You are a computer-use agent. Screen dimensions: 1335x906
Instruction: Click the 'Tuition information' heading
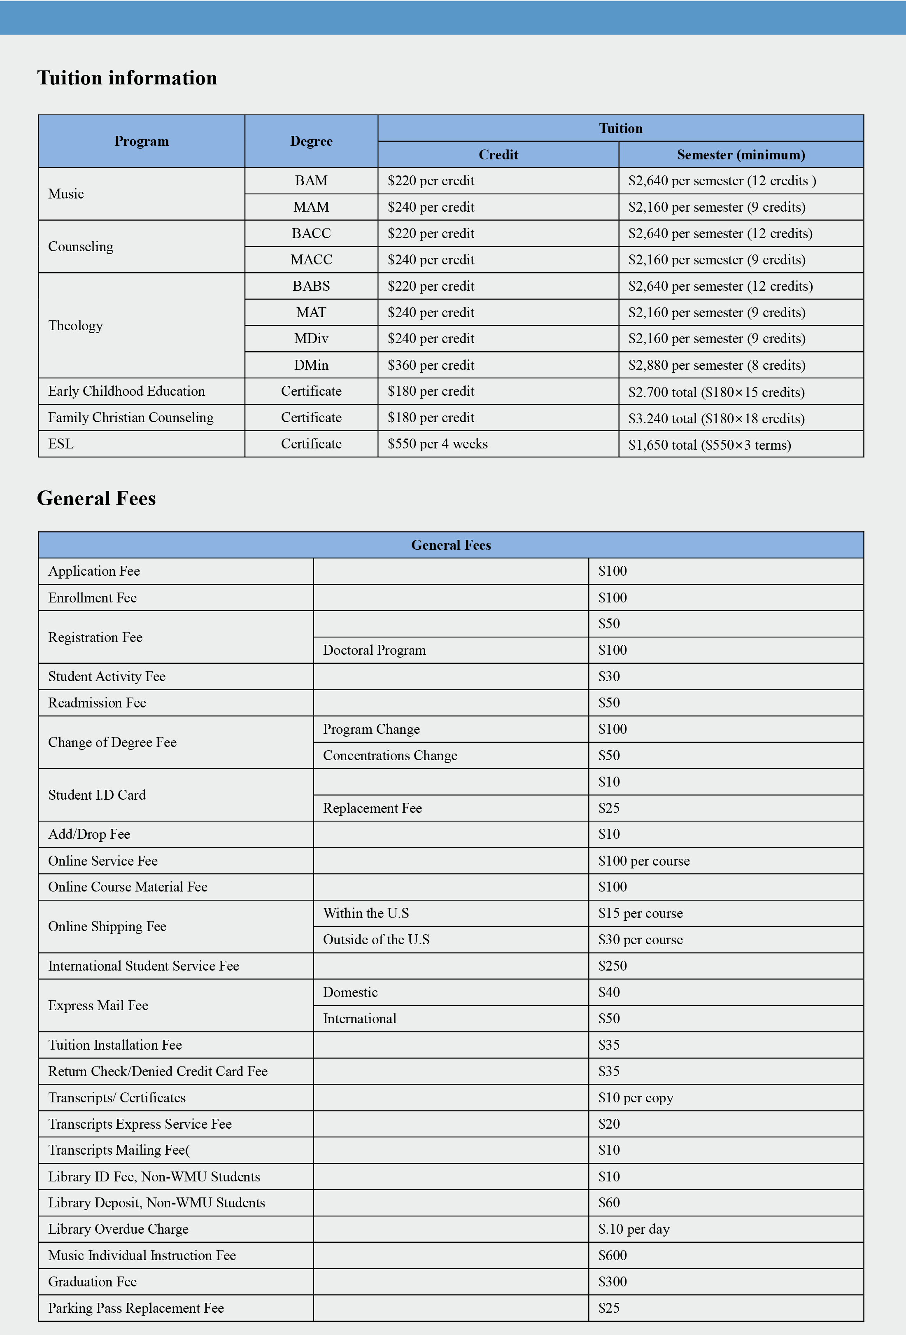click(x=127, y=77)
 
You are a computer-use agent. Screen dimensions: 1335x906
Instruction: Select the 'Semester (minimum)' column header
click(x=741, y=154)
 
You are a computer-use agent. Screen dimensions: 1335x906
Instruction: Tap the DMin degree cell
click(x=311, y=365)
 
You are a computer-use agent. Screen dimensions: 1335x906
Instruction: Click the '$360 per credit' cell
click(x=431, y=365)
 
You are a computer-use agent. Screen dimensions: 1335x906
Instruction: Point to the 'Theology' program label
click(x=75, y=326)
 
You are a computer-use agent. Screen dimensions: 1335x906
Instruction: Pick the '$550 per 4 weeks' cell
click(x=438, y=444)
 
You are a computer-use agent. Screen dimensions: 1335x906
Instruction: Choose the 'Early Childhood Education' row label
click(x=126, y=391)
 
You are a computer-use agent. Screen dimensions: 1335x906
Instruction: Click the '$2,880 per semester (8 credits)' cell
click(x=717, y=365)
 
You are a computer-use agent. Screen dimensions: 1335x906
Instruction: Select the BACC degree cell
click(x=311, y=233)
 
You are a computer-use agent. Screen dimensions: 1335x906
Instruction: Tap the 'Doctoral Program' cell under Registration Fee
click(x=374, y=650)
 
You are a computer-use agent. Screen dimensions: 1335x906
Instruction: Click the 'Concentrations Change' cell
click(x=390, y=755)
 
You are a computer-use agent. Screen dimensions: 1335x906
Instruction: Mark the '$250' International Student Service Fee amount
click(x=613, y=966)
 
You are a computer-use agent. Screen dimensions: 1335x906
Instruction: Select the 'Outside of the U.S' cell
click(x=376, y=940)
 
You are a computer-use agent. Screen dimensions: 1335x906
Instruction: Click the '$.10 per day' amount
click(x=634, y=1229)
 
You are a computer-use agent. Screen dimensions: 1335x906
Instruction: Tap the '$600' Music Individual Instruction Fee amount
click(x=613, y=1255)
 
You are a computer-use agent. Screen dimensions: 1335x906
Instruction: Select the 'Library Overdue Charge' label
click(x=118, y=1229)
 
